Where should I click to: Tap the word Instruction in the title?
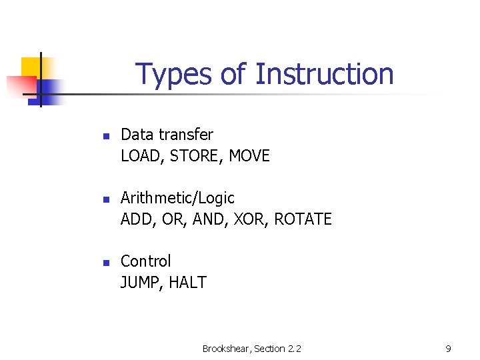[x=325, y=74]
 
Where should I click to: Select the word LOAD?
[x=142, y=156]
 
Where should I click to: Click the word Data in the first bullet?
[x=137, y=135]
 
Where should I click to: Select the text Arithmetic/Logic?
[x=177, y=198]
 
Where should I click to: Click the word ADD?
[x=135, y=219]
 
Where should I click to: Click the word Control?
[x=145, y=261]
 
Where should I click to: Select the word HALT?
[x=187, y=283]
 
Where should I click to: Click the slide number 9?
[x=448, y=349]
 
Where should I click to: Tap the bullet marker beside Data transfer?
[x=105, y=136]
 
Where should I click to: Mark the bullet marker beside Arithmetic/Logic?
[x=105, y=199]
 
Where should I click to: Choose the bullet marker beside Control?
[x=105, y=263]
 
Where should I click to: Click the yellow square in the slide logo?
[x=31, y=67]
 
